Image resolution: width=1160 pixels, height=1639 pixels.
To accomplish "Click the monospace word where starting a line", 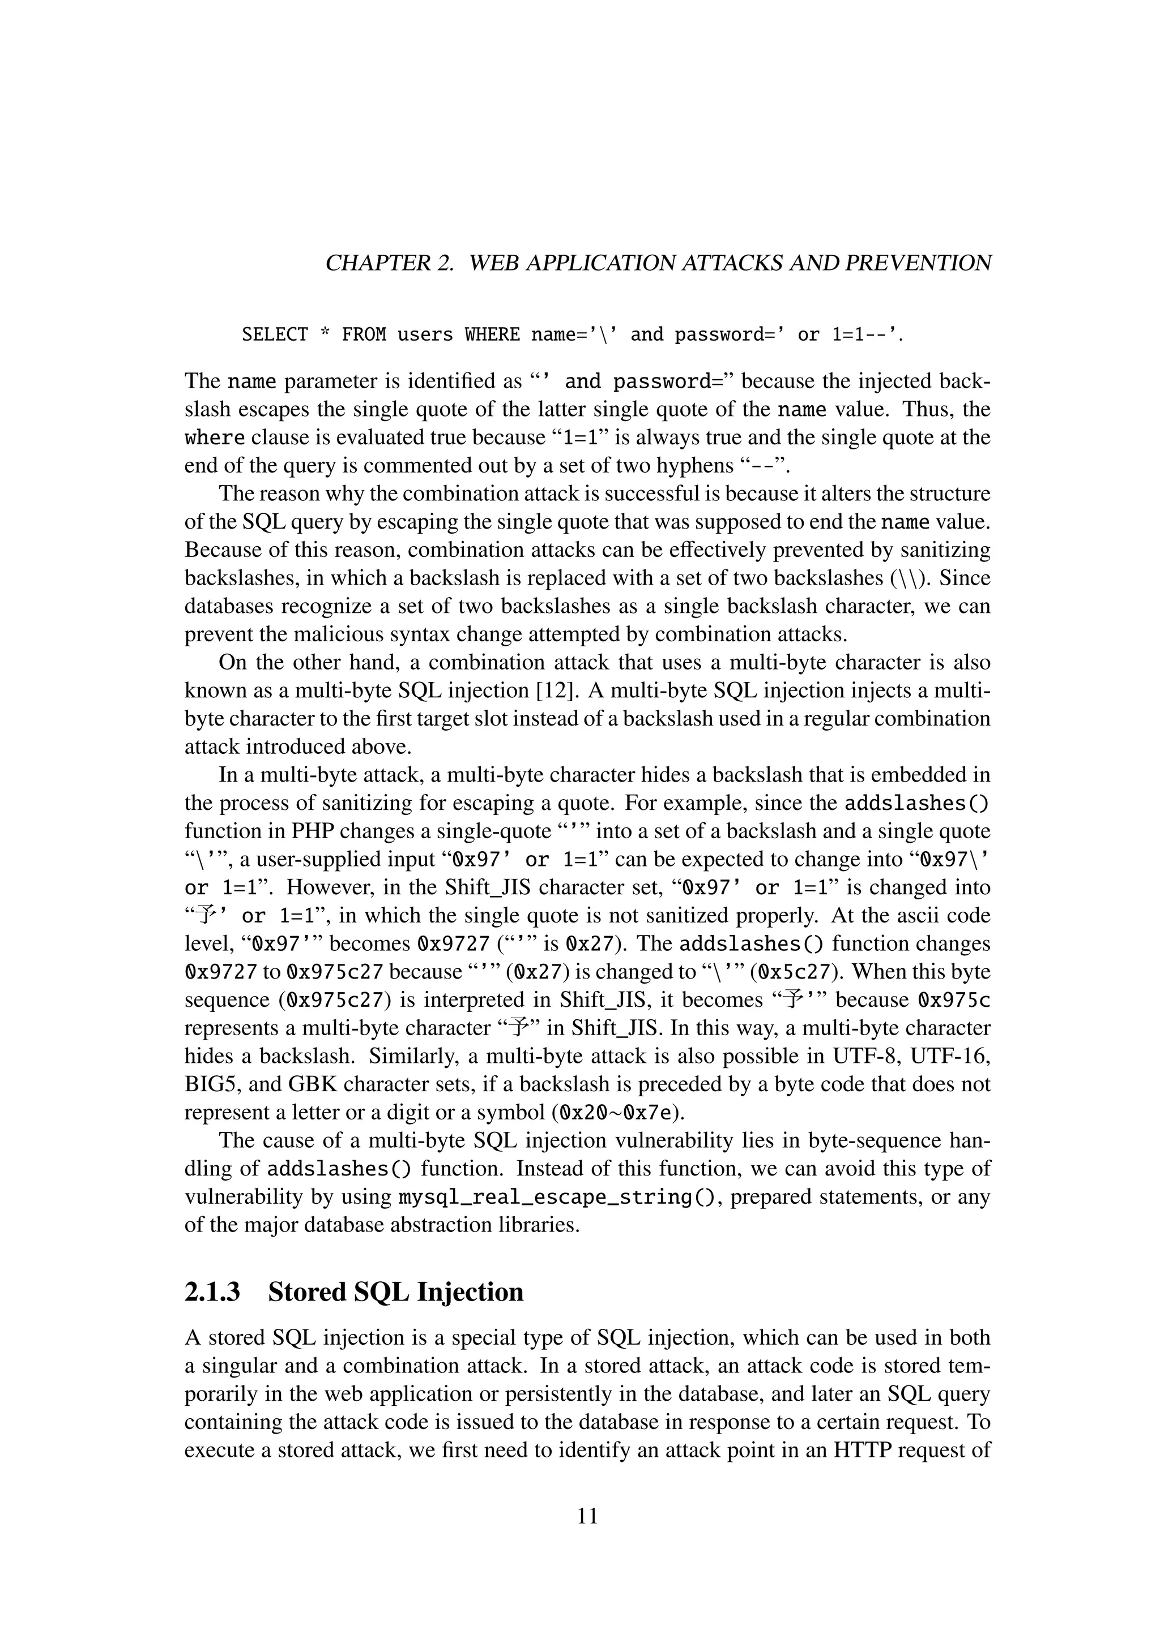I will point(214,437).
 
